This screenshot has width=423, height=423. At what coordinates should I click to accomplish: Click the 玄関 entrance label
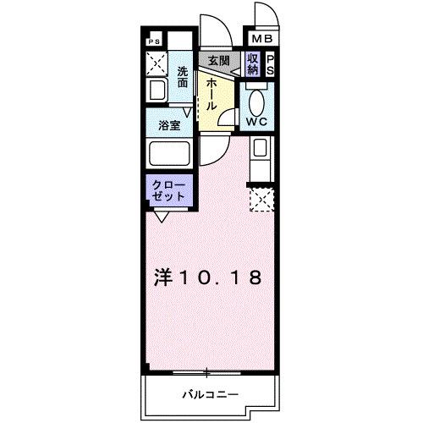(x=218, y=61)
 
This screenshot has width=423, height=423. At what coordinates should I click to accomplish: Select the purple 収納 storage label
(x=253, y=63)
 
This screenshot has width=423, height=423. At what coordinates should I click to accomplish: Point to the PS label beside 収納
(x=271, y=64)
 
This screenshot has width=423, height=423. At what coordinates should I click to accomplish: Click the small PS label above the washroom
(x=154, y=41)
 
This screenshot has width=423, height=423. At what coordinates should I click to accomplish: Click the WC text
(x=257, y=121)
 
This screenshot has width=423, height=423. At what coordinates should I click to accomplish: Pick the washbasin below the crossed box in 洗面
(x=157, y=91)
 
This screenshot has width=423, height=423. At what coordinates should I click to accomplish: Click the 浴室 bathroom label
(x=170, y=124)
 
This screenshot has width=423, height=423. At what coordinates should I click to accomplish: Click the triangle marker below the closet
(x=161, y=217)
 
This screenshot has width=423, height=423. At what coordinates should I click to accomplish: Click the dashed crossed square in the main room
(x=261, y=201)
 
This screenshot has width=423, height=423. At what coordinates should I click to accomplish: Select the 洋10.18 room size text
(x=208, y=277)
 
